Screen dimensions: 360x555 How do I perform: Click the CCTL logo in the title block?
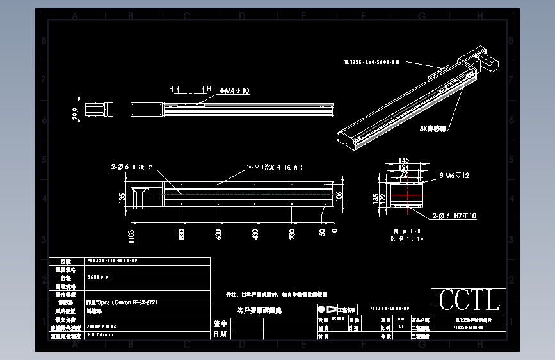[469, 300]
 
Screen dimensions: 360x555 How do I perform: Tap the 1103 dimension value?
[131, 238]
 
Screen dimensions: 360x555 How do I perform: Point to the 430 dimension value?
[255, 235]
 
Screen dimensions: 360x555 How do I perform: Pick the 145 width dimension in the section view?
[404, 160]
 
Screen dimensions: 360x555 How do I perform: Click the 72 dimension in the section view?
[404, 174]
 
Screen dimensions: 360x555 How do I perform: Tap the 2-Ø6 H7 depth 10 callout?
[454, 217]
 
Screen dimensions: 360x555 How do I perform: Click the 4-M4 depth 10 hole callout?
[234, 91]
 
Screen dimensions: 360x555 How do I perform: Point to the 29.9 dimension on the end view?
[76, 113]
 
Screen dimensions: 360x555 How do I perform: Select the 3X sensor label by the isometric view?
[433, 128]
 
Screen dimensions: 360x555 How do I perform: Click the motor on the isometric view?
[489, 61]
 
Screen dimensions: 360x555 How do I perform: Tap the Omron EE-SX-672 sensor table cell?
[122, 302]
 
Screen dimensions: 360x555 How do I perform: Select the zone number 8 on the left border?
[43, 40]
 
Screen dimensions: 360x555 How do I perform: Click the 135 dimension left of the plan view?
[122, 197]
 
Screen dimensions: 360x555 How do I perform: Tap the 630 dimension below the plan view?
[218, 235]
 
